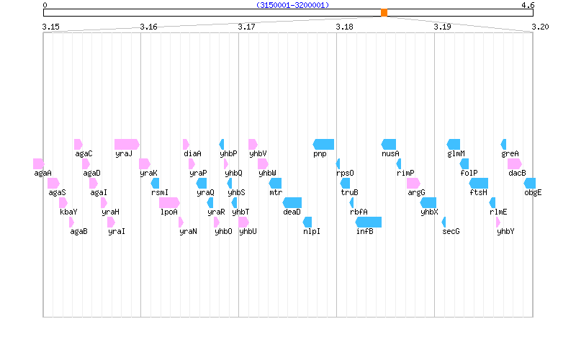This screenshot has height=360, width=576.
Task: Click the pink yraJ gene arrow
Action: [126, 144]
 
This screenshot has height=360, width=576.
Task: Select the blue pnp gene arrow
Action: [323, 144]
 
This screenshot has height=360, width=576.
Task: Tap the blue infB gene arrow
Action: [369, 222]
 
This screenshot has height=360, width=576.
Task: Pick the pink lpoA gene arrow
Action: [169, 202]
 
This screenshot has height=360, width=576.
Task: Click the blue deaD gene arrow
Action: [292, 202]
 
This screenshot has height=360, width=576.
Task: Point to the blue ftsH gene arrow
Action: [479, 183]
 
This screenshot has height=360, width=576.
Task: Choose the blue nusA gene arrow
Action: [389, 144]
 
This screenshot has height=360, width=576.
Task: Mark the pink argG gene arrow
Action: [413, 183]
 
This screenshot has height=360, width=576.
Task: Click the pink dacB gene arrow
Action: [514, 163]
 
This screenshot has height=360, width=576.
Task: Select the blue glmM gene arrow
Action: [454, 144]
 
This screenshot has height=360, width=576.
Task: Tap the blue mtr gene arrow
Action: [275, 183]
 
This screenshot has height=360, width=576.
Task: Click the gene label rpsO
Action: [345, 173]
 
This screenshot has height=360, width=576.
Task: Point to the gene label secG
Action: [451, 231]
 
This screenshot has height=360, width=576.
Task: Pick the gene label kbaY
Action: [68, 212]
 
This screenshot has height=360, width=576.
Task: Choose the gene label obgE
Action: [533, 192]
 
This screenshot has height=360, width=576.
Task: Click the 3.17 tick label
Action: [246, 27]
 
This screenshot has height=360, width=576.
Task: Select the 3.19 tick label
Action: [442, 27]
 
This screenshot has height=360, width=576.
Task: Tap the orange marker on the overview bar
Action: [384, 12]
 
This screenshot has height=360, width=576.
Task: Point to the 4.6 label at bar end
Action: [528, 5]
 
